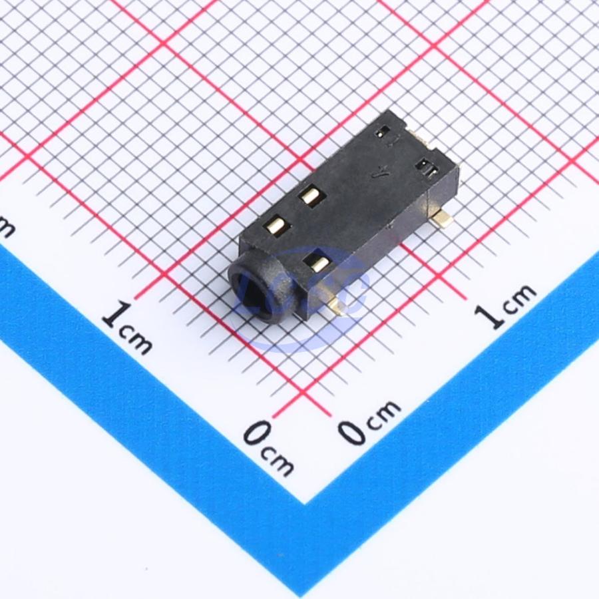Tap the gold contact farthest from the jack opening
(309, 196)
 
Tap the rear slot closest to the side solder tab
(426, 168)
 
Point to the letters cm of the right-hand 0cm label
(385, 411)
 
